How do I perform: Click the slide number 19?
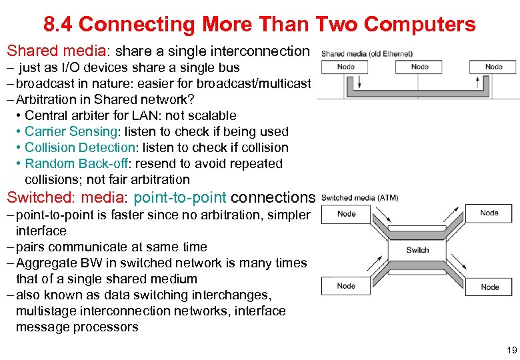(x=511, y=349)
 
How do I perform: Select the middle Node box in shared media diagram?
(x=420, y=67)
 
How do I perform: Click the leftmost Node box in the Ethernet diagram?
(x=346, y=67)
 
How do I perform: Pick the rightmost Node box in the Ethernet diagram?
(x=494, y=67)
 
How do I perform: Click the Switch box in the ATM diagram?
(x=418, y=250)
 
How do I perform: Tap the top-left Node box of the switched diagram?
(x=346, y=214)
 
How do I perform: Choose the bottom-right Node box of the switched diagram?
(x=490, y=287)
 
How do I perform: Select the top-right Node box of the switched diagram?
(x=490, y=213)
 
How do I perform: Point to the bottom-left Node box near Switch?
(x=346, y=286)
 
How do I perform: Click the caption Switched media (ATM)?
(x=360, y=197)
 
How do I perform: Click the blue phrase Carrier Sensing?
(x=69, y=131)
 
